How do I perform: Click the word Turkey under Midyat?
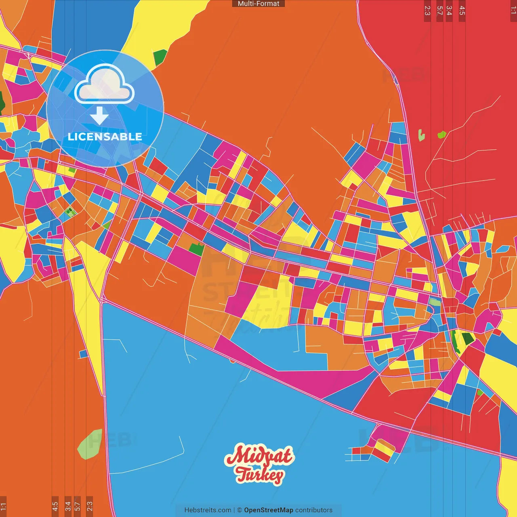(260, 475)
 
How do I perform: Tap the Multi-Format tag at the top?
(258, 4)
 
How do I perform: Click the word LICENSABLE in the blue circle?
(105, 137)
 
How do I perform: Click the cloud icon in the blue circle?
(105, 85)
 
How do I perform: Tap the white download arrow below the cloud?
(99, 115)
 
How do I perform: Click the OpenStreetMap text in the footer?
(268, 510)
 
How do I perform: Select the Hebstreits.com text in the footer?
(208, 510)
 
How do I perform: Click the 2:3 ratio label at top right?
(427, 11)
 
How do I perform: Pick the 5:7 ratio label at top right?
(439, 11)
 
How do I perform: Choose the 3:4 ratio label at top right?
(449, 11)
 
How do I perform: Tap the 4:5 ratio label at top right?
(462, 11)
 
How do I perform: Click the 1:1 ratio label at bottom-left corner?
(3, 506)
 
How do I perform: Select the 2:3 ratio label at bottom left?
(90, 506)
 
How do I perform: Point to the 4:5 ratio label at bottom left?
(55, 506)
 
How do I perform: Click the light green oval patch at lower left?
(90, 444)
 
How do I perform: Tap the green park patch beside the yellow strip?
(160, 57)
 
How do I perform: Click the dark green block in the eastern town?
(468, 338)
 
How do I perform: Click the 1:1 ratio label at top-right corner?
(513, 11)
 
